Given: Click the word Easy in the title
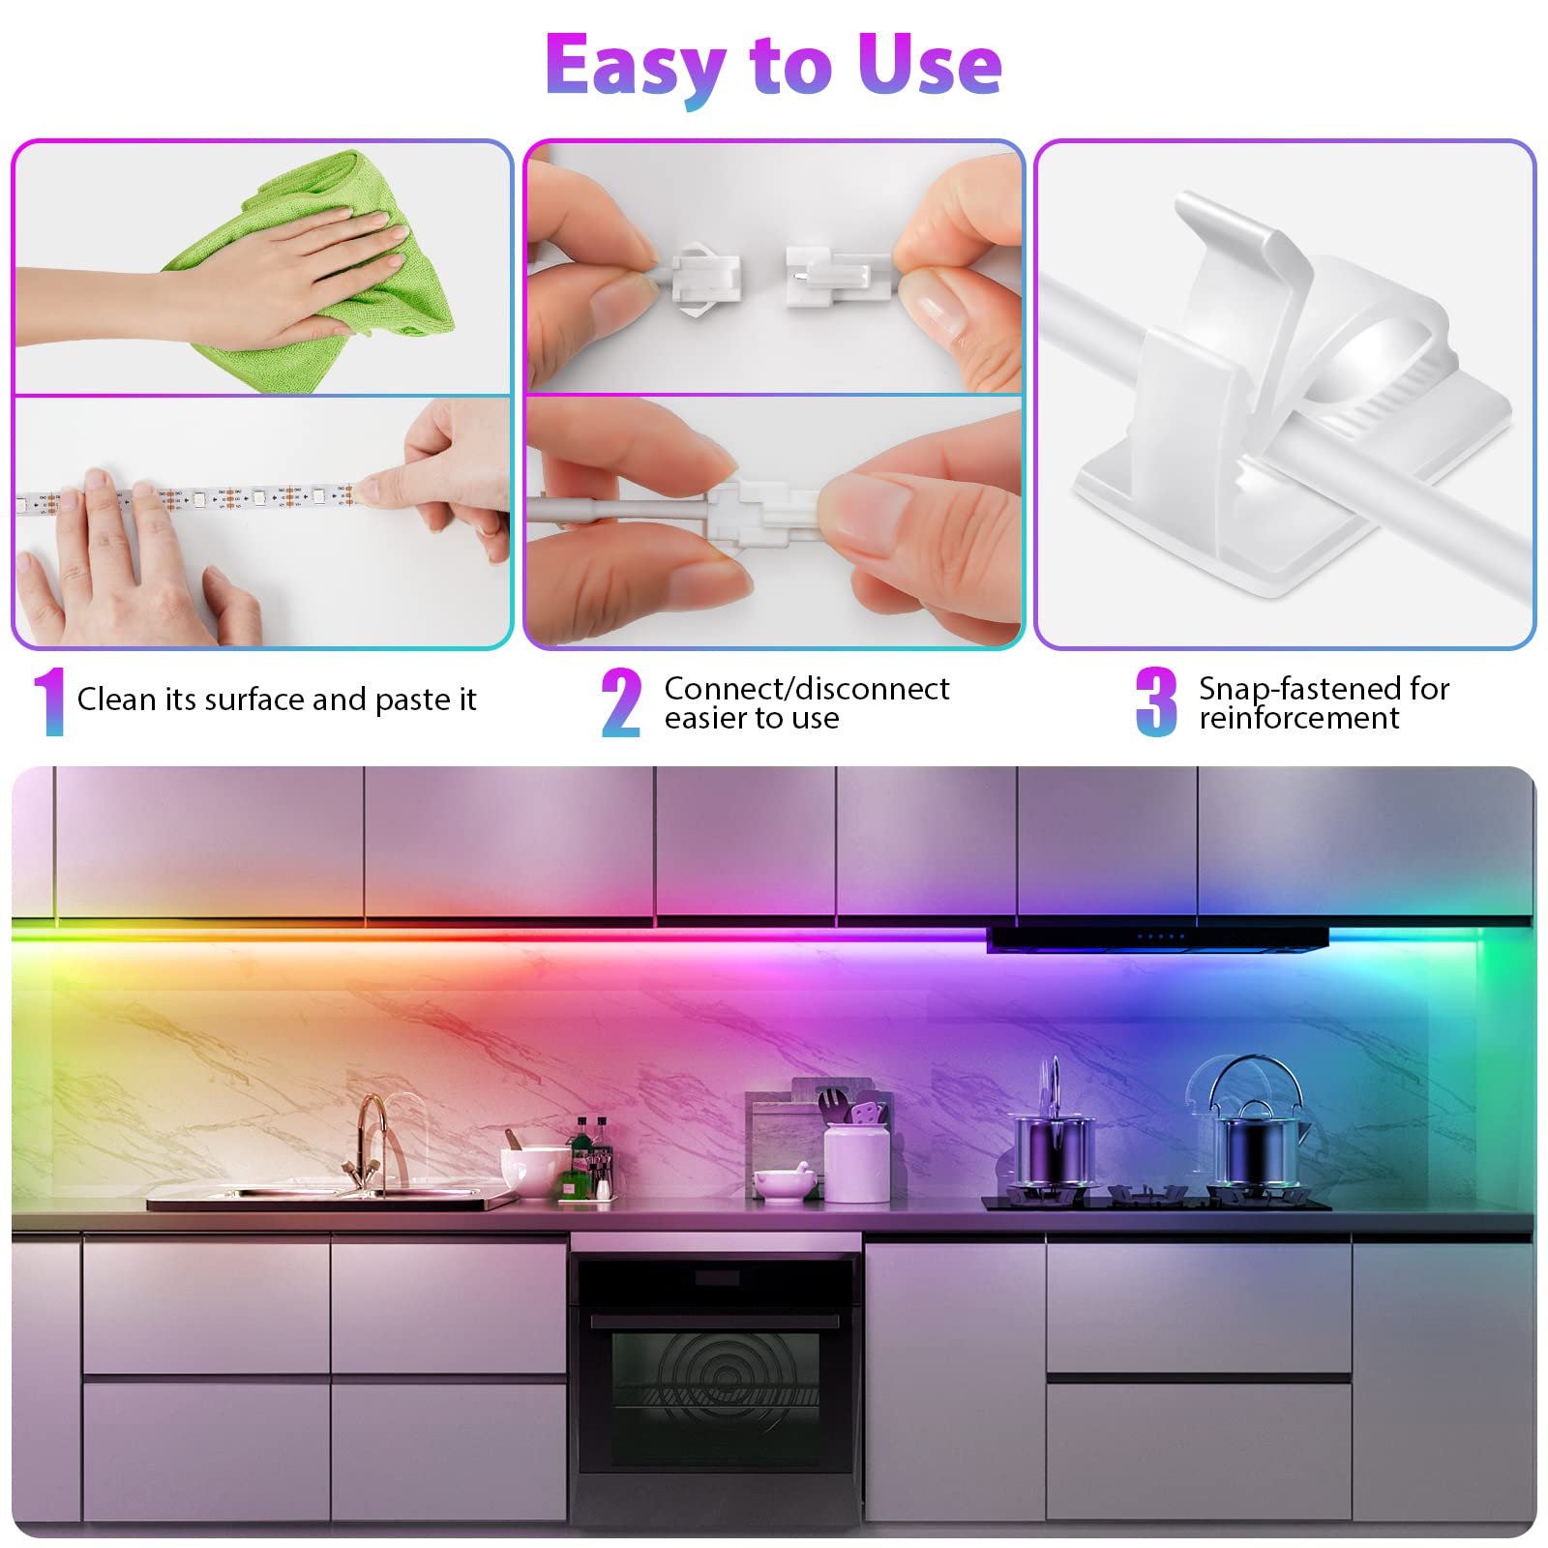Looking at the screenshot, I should (635, 66).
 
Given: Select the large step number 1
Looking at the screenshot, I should (49, 701).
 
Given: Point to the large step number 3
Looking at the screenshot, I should (1156, 701).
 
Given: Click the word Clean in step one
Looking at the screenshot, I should (116, 699).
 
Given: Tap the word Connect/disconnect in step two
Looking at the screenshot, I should (807, 688).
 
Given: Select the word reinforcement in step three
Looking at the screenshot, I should (1298, 718).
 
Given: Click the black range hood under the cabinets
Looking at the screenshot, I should (1157, 938).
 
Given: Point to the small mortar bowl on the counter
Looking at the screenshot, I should (780, 1183).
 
